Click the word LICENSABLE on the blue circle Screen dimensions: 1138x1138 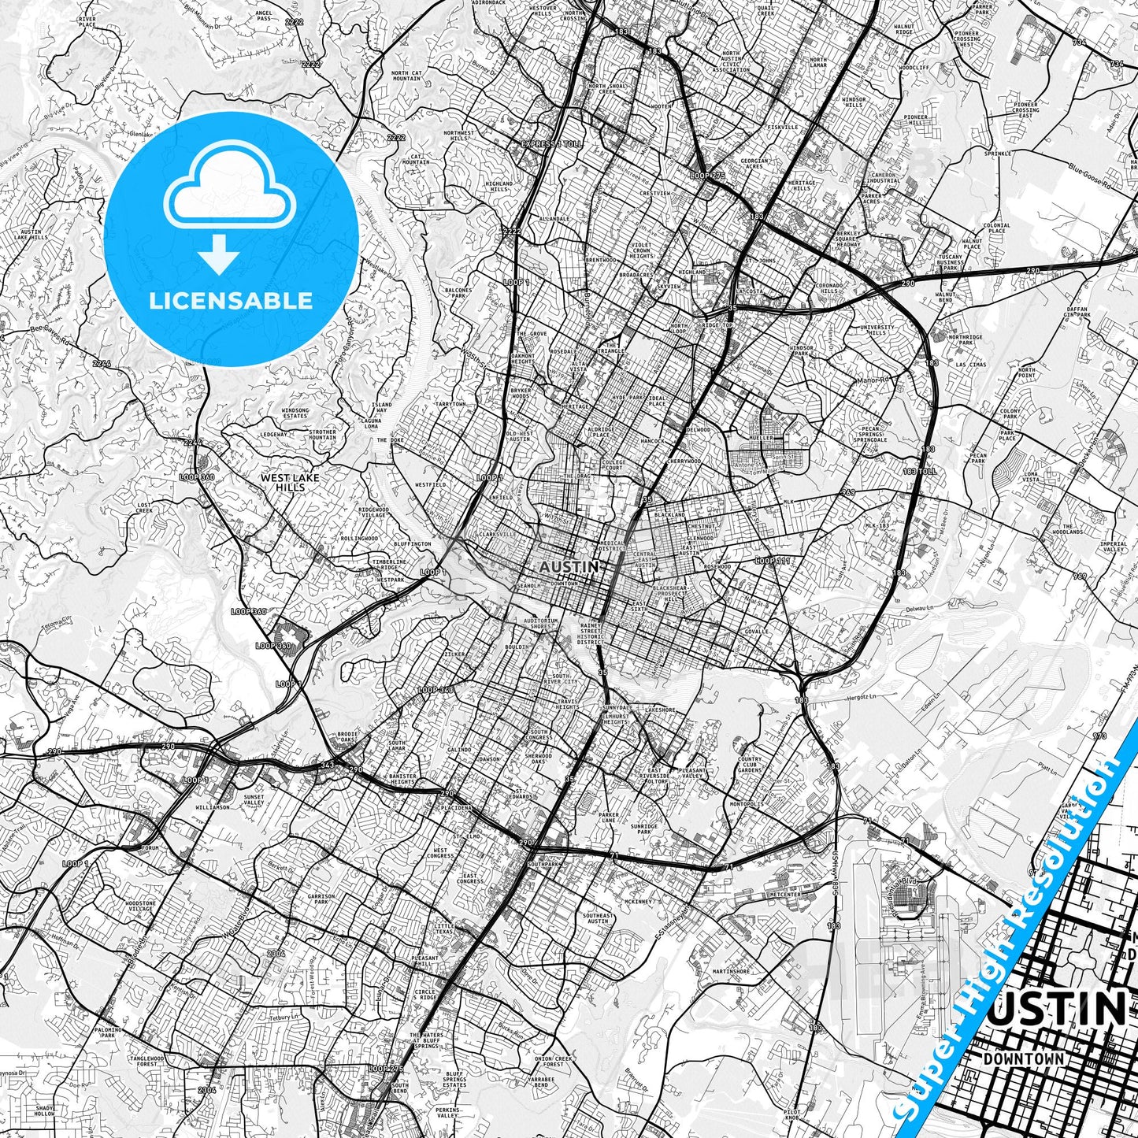point(231,301)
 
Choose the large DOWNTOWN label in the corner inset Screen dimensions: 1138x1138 point(1023,1059)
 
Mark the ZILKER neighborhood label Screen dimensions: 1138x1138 point(453,654)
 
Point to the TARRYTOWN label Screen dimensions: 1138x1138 point(451,404)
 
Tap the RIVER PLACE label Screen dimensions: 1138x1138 point(87,20)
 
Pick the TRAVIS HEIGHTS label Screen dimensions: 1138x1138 point(567,703)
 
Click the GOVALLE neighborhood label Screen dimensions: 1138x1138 point(755,632)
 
